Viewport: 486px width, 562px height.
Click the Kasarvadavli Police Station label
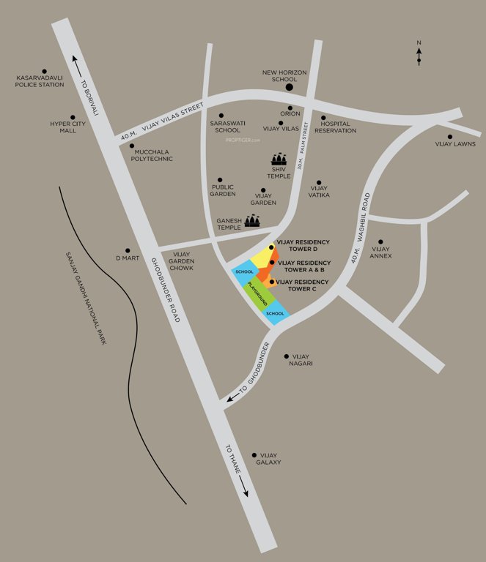(x=40, y=80)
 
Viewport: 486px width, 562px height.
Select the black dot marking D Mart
(x=128, y=250)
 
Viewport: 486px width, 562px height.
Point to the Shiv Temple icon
(x=279, y=159)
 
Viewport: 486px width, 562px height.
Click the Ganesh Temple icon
(x=252, y=220)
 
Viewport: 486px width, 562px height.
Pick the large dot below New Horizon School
(x=290, y=88)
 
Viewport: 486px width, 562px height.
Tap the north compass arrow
(x=419, y=56)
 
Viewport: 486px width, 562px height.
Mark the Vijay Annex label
(x=381, y=252)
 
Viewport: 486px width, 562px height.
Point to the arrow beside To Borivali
(x=74, y=61)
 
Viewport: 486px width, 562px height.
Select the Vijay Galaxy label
(x=269, y=459)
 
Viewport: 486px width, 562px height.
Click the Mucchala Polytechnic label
(x=152, y=155)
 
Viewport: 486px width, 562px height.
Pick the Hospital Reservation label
(x=335, y=127)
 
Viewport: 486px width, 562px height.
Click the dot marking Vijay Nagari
(x=286, y=356)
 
